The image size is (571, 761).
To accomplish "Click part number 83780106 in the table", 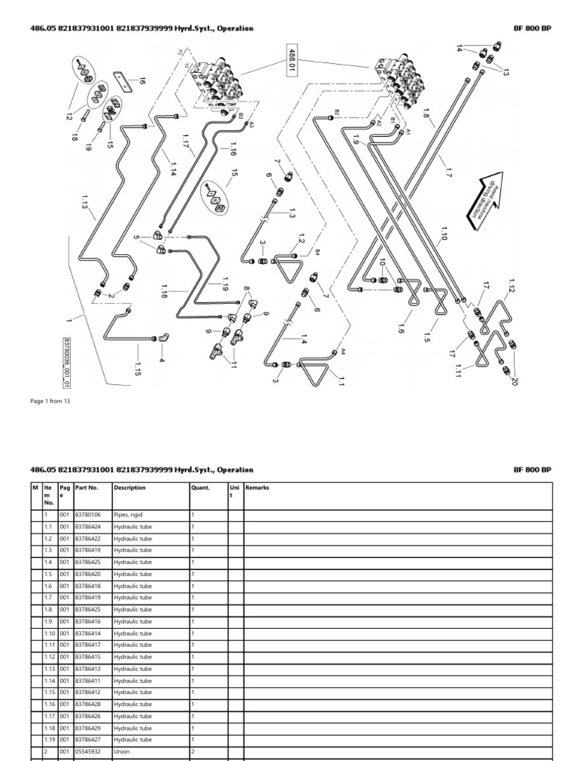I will (88, 515).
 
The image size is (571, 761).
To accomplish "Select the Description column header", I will (129, 488).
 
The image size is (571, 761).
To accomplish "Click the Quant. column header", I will (200, 488).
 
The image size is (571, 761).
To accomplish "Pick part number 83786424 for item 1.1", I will (88, 527).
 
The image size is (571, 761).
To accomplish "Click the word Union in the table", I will (121, 752).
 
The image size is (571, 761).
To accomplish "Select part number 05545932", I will (88, 752).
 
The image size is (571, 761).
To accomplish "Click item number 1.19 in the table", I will (48, 740).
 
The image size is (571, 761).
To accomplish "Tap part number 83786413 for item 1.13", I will (88, 669).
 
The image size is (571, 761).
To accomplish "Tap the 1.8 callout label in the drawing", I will (427, 118).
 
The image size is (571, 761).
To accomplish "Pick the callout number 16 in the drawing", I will (141, 82).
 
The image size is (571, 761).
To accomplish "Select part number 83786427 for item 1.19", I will (88, 740).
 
